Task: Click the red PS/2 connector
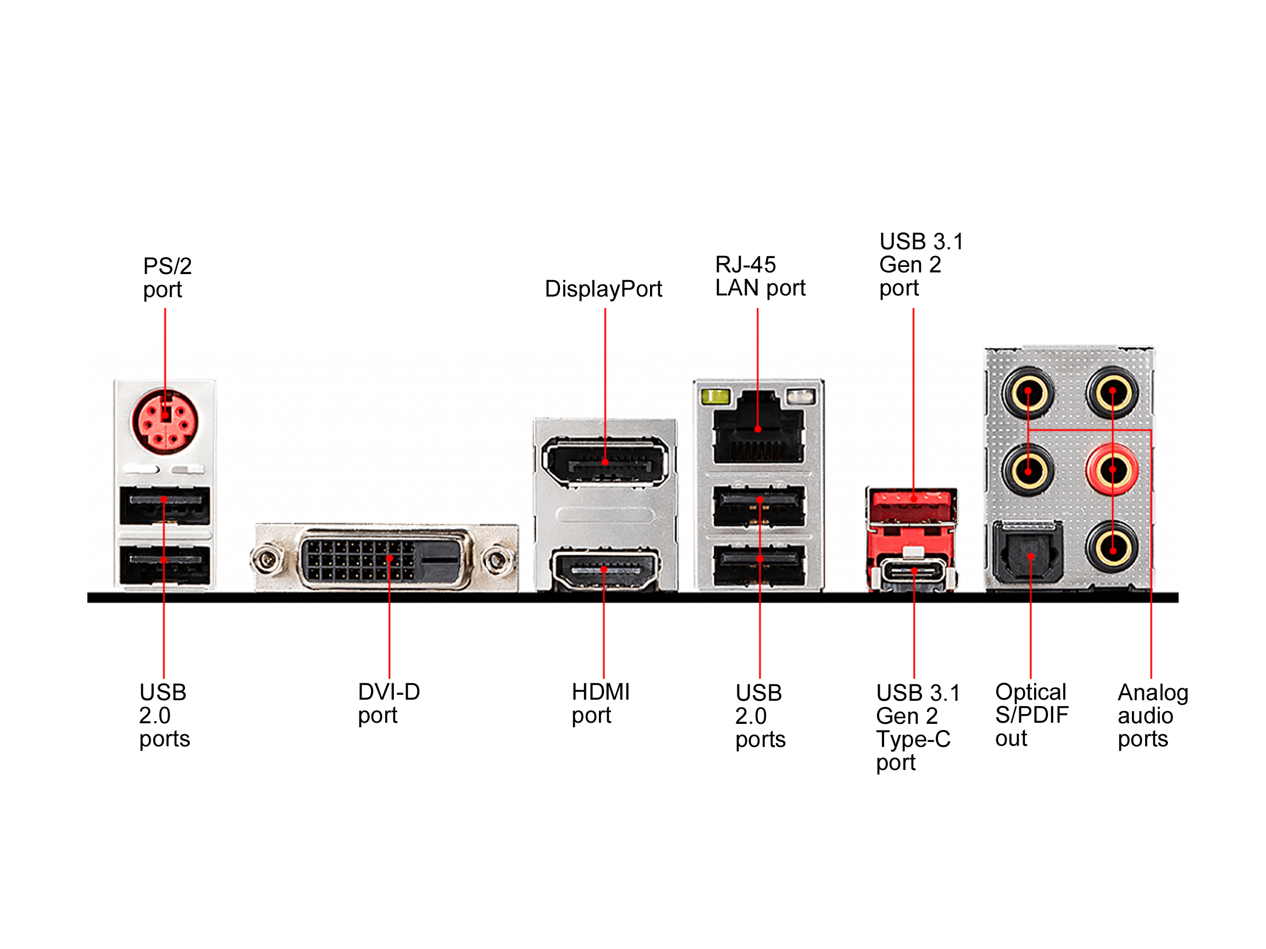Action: [x=165, y=422]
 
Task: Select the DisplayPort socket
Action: [x=604, y=462]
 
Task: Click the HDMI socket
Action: [x=604, y=569]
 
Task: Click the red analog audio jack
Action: [x=1112, y=470]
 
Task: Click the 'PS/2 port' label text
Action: [x=166, y=278]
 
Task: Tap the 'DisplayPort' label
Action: [x=603, y=289]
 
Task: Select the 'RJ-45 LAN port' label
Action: [x=759, y=276]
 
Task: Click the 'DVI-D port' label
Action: [x=388, y=703]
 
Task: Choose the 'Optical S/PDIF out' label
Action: [x=1031, y=714]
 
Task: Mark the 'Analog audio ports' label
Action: [x=1152, y=715]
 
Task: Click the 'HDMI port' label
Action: [x=601, y=703]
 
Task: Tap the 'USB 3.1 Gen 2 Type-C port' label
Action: [x=918, y=727]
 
